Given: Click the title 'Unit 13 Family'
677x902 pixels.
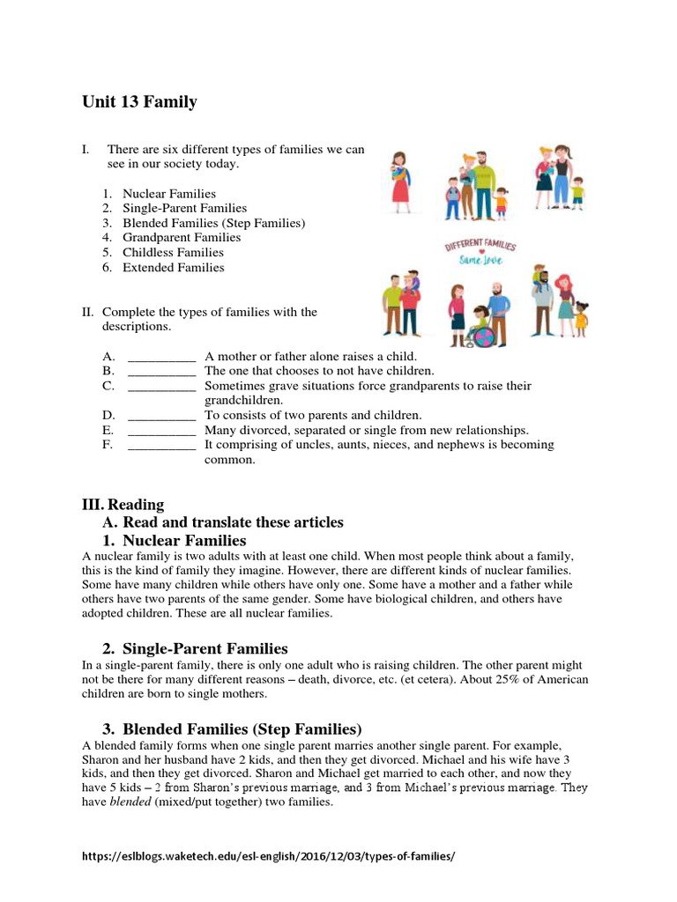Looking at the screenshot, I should click(139, 102).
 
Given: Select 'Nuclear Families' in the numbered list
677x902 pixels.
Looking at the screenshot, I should click(168, 193).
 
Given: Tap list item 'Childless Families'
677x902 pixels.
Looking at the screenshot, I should click(173, 253).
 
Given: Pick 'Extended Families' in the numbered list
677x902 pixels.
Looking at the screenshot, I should click(173, 268).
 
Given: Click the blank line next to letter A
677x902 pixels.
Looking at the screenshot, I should click(161, 357).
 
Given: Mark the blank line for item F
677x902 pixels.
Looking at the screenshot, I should click(161, 445).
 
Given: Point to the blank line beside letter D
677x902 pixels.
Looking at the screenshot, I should click(161, 415).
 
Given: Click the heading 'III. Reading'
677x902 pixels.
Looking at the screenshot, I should click(123, 505).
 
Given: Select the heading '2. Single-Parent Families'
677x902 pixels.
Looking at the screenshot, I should click(196, 648).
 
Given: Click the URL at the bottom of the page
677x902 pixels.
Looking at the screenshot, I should click(269, 856).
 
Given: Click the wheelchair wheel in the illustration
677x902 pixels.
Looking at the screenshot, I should click(479, 337).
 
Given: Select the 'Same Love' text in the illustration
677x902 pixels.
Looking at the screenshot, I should click(480, 262).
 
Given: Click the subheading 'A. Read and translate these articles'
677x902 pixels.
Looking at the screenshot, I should click(223, 522).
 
